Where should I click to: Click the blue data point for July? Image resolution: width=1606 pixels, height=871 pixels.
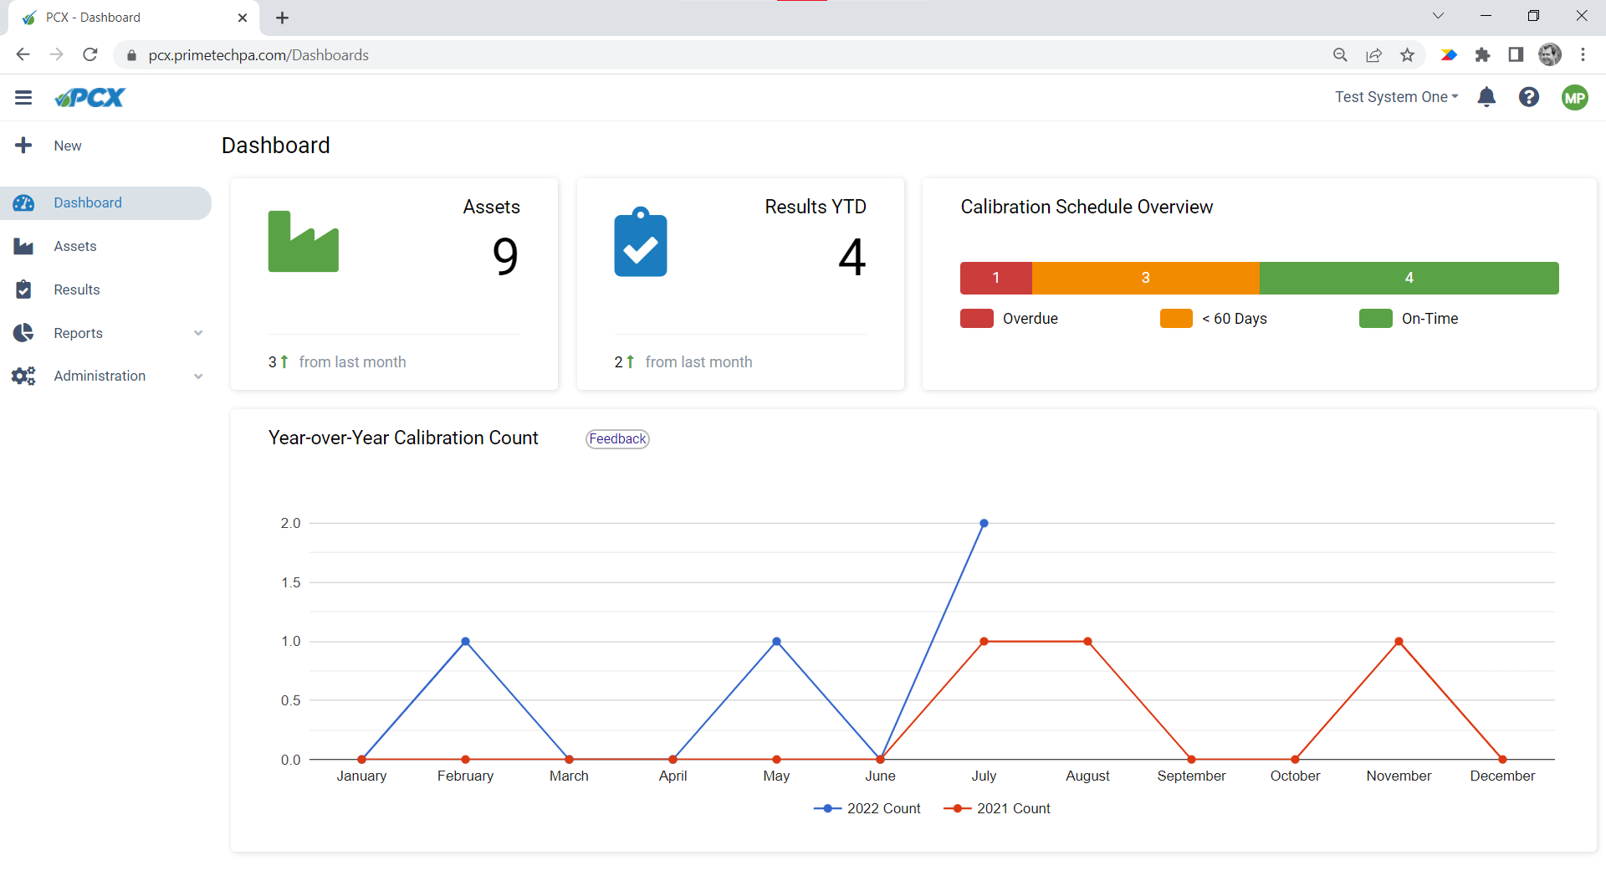[x=984, y=524]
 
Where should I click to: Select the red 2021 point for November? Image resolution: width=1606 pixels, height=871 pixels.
[x=1399, y=642]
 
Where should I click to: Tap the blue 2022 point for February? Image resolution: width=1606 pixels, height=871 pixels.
[x=465, y=642]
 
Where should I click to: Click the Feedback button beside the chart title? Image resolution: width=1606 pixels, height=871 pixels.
[x=617, y=439]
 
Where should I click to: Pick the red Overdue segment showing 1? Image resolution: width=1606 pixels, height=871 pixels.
[x=995, y=278]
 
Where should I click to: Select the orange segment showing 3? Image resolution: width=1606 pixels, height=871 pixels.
[x=1145, y=278]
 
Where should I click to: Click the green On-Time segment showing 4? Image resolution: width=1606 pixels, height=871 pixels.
[x=1409, y=278]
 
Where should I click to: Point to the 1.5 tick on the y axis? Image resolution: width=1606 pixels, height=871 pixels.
[x=290, y=582]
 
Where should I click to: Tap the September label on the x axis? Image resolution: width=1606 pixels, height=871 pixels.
[x=1191, y=776]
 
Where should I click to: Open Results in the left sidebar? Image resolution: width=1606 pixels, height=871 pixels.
[x=76, y=289]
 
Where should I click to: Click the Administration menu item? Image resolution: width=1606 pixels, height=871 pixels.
[x=100, y=376]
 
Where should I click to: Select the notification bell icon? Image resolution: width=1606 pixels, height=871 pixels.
[x=1486, y=97]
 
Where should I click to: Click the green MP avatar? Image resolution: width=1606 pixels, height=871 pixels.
[x=1574, y=97]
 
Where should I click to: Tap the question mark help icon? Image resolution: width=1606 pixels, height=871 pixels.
[x=1529, y=97]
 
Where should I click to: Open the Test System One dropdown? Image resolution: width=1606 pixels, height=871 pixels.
[x=1395, y=97]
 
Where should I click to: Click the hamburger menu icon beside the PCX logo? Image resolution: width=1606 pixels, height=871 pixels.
[x=23, y=97]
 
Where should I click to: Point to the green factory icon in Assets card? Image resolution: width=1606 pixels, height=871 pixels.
[x=303, y=242]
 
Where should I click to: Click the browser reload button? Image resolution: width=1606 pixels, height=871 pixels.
[x=90, y=55]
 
